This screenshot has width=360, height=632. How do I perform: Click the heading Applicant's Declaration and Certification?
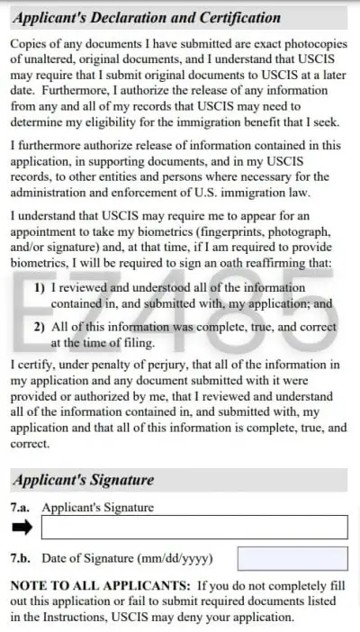pyautogui.click(x=146, y=18)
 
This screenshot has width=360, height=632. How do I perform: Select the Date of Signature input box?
pyautogui.click(x=292, y=558)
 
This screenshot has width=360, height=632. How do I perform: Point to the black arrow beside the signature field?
pyautogui.click(x=22, y=528)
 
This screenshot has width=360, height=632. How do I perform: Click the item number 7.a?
pyautogui.click(x=22, y=508)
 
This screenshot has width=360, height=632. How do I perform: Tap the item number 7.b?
pyautogui.click(x=22, y=558)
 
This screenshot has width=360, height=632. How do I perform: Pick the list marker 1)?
pyautogui.click(x=40, y=288)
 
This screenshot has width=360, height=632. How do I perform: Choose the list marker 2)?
pyautogui.click(x=40, y=328)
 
